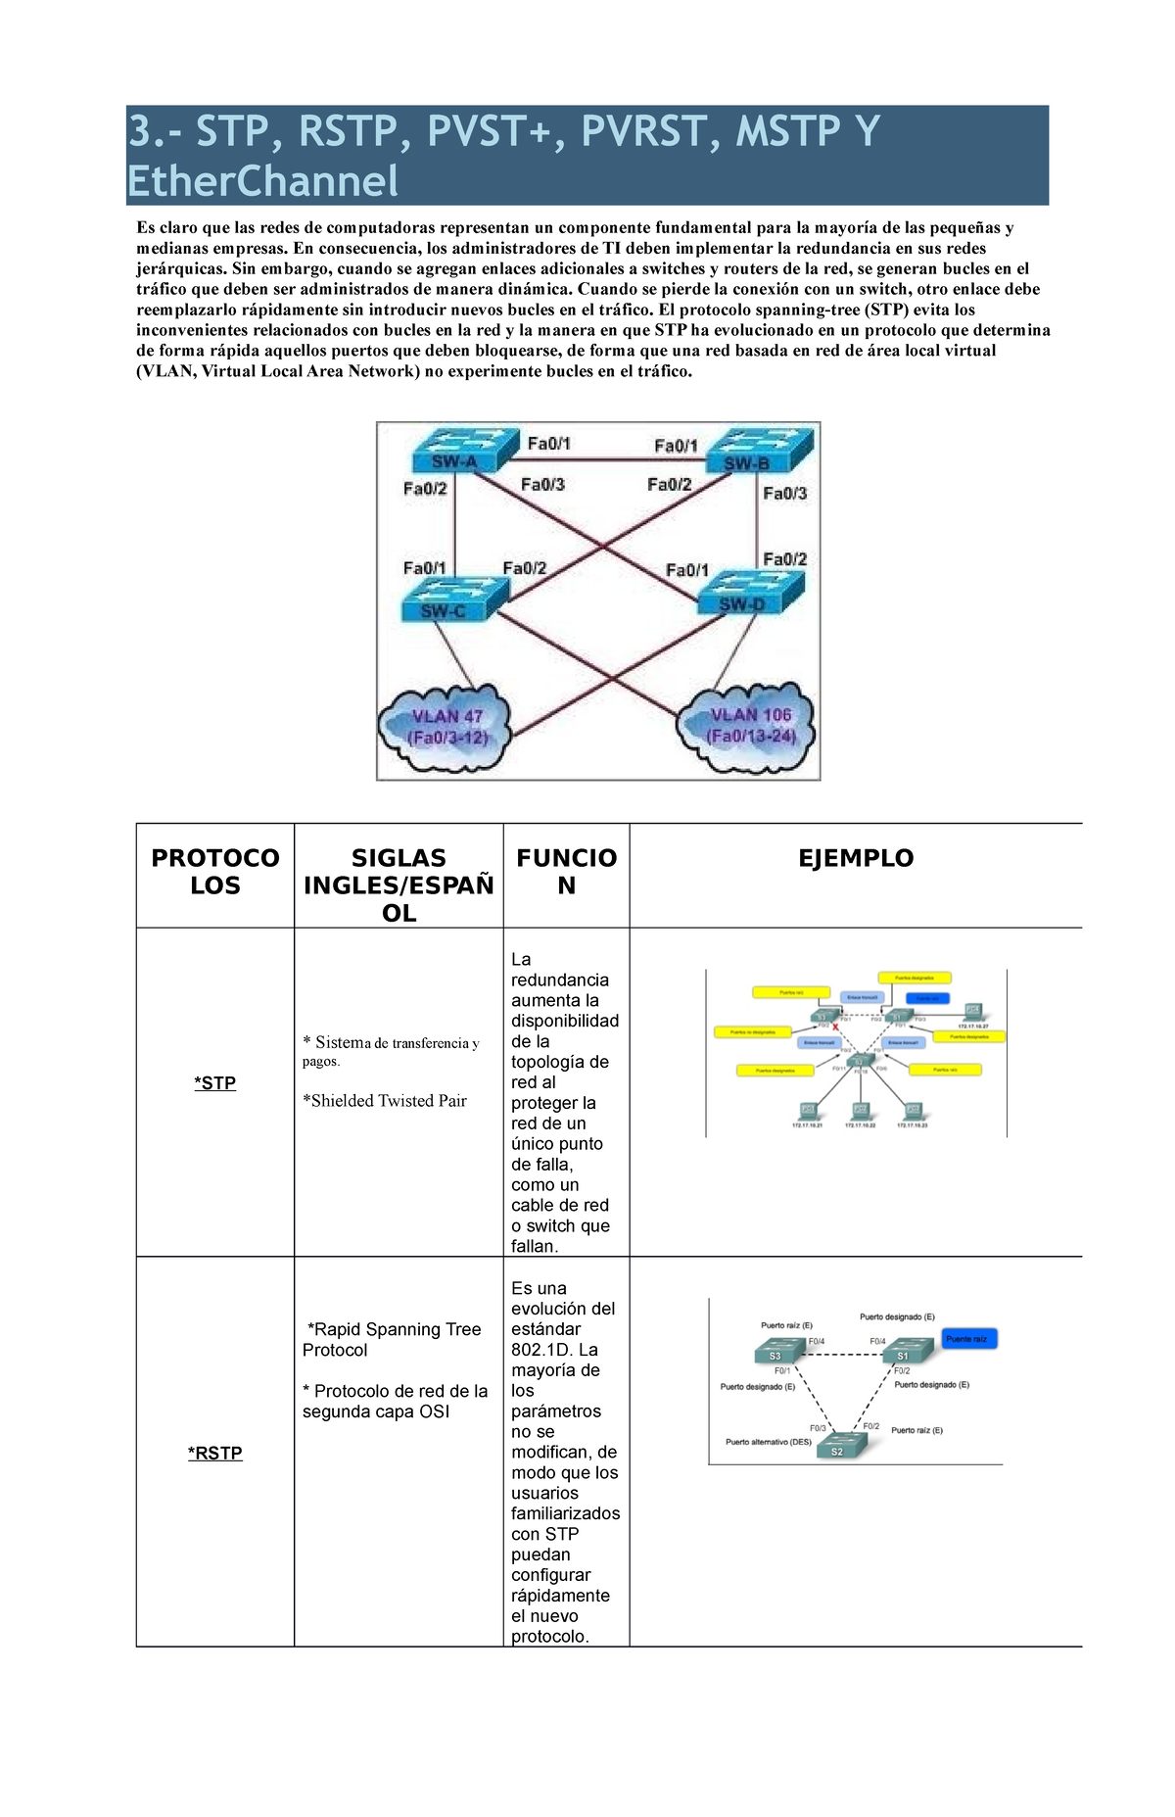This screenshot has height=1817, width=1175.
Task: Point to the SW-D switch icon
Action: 747,594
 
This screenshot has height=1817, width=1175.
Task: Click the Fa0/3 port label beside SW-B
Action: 784,494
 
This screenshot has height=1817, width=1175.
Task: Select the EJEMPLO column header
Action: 855,858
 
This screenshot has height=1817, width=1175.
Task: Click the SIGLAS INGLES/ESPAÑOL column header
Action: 399,885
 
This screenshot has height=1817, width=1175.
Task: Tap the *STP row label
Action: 214,1083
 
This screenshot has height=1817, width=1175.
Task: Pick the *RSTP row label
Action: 214,1454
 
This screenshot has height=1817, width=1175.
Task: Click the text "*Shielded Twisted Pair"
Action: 384,1101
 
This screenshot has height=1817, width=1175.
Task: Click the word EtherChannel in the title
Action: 263,181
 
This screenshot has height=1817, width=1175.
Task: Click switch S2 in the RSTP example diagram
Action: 838,1448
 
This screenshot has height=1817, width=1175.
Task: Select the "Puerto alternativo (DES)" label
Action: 769,1442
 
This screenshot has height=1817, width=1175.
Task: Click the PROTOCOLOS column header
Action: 214,872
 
